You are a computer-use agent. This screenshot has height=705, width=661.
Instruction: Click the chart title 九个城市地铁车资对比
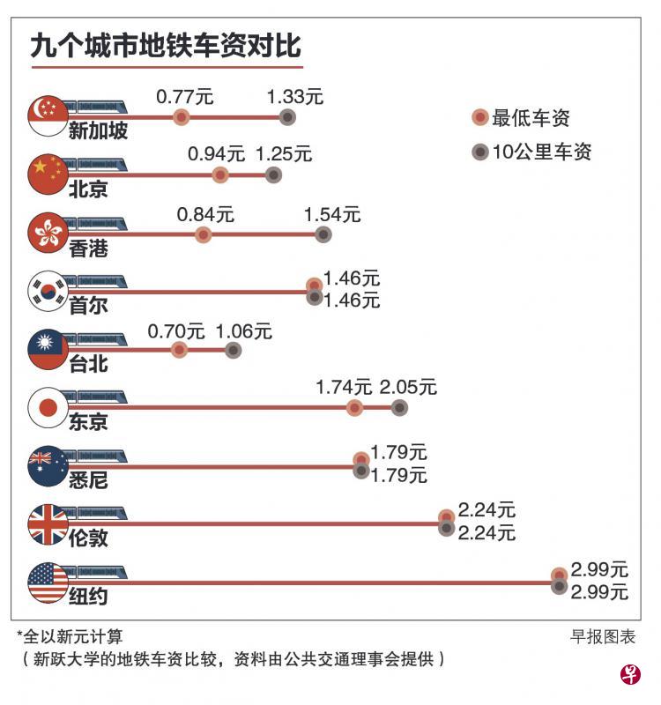[165, 46]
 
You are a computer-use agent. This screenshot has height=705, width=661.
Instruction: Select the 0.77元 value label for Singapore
[184, 96]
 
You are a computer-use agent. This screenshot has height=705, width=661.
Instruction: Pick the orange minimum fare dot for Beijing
[220, 175]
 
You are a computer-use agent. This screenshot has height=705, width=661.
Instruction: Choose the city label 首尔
[88, 306]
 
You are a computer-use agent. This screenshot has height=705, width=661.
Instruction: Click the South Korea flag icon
[48, 291]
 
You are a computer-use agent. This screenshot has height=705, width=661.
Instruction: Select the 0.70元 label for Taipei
[175, 331]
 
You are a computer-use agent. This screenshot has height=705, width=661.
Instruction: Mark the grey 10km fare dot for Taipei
[233, 350]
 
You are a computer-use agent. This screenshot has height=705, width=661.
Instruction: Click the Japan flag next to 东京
[48, 407]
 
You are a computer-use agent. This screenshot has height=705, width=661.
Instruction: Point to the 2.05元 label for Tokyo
[407, 387]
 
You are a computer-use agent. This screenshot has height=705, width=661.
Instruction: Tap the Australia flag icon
[48, 465]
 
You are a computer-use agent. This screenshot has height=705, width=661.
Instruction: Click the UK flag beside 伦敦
[48, 523]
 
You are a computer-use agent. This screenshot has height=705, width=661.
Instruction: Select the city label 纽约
[88, 597]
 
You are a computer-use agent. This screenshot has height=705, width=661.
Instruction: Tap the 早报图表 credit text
[603, 636]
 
